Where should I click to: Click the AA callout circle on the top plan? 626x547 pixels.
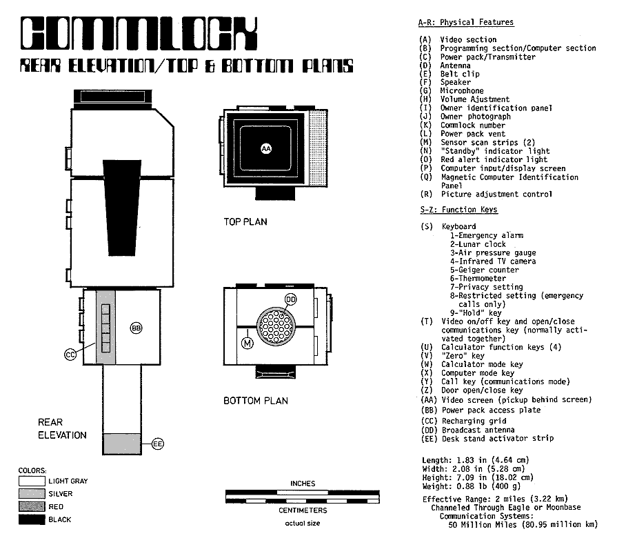266,148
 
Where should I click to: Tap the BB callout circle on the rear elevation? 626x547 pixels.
136,328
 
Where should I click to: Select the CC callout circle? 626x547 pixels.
70,354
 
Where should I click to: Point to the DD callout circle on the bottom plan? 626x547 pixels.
290,299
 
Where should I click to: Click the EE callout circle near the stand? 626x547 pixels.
158,444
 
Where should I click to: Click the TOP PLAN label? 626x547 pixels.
245,222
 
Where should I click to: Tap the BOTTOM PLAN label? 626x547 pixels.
255,401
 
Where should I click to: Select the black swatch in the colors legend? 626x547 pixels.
32,519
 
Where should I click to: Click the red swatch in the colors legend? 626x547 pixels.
32,506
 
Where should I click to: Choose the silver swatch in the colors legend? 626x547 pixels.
32,494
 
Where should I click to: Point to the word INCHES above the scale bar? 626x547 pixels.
303,484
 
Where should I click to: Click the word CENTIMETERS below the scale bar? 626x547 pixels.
303,510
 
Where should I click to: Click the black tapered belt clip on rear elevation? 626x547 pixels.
121,207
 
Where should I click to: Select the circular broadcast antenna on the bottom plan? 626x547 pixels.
275,323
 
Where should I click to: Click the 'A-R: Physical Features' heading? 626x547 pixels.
465,23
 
